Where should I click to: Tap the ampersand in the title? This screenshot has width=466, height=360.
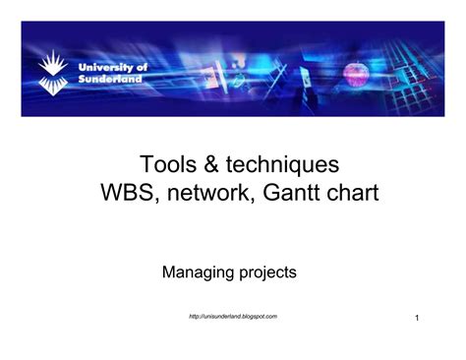207,164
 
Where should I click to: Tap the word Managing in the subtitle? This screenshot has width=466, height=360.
198,272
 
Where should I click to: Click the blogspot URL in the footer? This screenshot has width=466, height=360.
232,316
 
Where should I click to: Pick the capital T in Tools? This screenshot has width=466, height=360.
146,164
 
